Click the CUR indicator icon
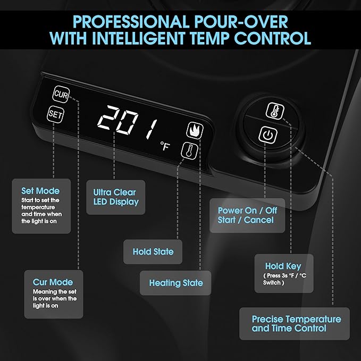(61, 94)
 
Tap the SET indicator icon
(55, 114)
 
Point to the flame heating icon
(195, 131)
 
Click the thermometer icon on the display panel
(189, 150)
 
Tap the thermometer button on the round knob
(275, 111)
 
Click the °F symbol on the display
(165, 146)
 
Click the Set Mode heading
(40, 191)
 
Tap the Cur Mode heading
(53, 282)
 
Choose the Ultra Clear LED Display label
(116, 197)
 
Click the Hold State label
(153, 251)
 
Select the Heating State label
(176, 283)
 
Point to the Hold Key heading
(283, 266)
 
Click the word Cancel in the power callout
(259, 220)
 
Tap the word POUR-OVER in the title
(241, 22)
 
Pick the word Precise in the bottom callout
(267, 320)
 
